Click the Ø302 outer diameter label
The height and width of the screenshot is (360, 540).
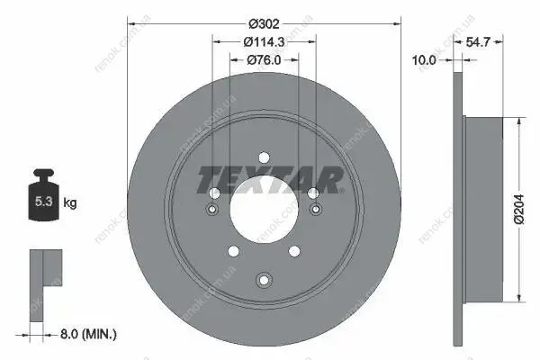(264, 24)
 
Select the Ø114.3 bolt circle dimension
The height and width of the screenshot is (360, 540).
(264, 42)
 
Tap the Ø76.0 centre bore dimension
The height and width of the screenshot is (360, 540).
(264, 60)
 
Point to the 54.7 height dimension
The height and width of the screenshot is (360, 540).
(478, 42)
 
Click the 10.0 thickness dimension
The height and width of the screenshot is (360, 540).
(424, 60)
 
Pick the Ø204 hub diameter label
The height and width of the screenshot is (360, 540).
(519, 210)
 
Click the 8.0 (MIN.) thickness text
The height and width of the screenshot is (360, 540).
(88, 334)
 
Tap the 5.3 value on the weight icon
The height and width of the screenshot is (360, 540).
(43, 202)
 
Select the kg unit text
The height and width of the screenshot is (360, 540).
(70, 202)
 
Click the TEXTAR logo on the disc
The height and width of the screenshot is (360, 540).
(270, 180)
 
